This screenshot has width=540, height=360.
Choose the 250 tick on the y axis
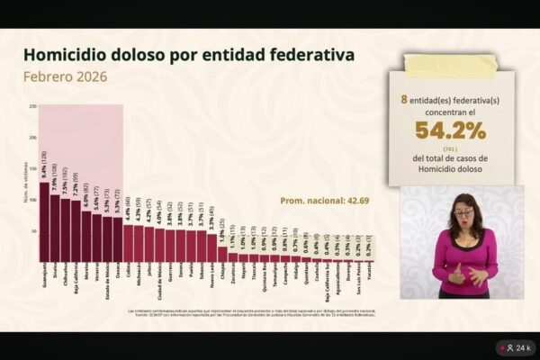click(x=33, y=106)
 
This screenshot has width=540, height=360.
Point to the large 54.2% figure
click(x=450, y=131)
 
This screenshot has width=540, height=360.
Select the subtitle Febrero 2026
click(x=65, y=76)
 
